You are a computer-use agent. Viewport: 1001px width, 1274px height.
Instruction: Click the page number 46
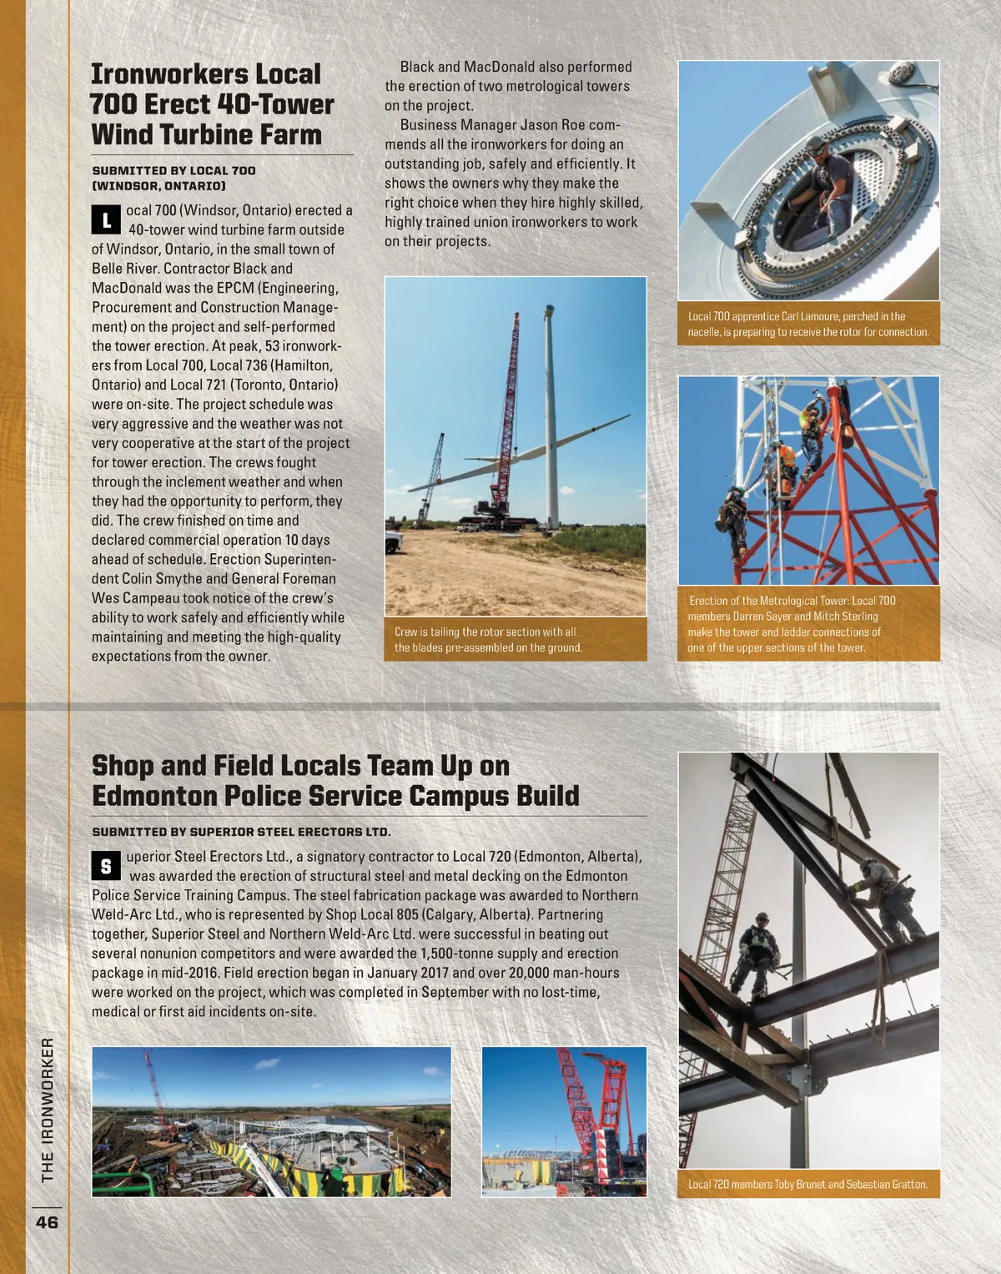pyautogui.click(x=47, y=1222)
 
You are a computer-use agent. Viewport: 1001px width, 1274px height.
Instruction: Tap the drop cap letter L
pyautogui.click(x=106, y=220)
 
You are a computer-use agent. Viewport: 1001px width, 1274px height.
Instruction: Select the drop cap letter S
pyautogui.click(x=106, y=866)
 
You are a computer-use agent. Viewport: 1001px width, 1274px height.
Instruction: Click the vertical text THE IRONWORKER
pyautogui.click(x=48, y=1110)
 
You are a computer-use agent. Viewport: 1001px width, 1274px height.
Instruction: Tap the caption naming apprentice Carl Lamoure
pyautogui.click(x=807, y=324)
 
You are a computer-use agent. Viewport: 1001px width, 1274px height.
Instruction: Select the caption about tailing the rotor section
pyautogui.click(x=488, y=639)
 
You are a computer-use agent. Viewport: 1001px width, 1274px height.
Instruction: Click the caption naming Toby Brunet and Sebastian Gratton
pyautogui.click(x=807, y=1184)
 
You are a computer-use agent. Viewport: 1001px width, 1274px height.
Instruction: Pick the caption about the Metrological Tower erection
pyautogui.click(x=791, y=623)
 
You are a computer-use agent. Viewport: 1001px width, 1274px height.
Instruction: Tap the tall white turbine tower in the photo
pyautogui.click(x=551, y=417)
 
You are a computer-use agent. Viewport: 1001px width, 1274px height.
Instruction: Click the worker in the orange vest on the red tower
pyautogui.click(x=785, y=467)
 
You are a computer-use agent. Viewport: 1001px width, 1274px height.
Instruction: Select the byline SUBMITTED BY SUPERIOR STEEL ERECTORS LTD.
pyautogui.click(x=241, y=832)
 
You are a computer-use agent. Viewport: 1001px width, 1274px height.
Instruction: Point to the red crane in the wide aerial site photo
pyautogui.click(x=154, y=1093)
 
